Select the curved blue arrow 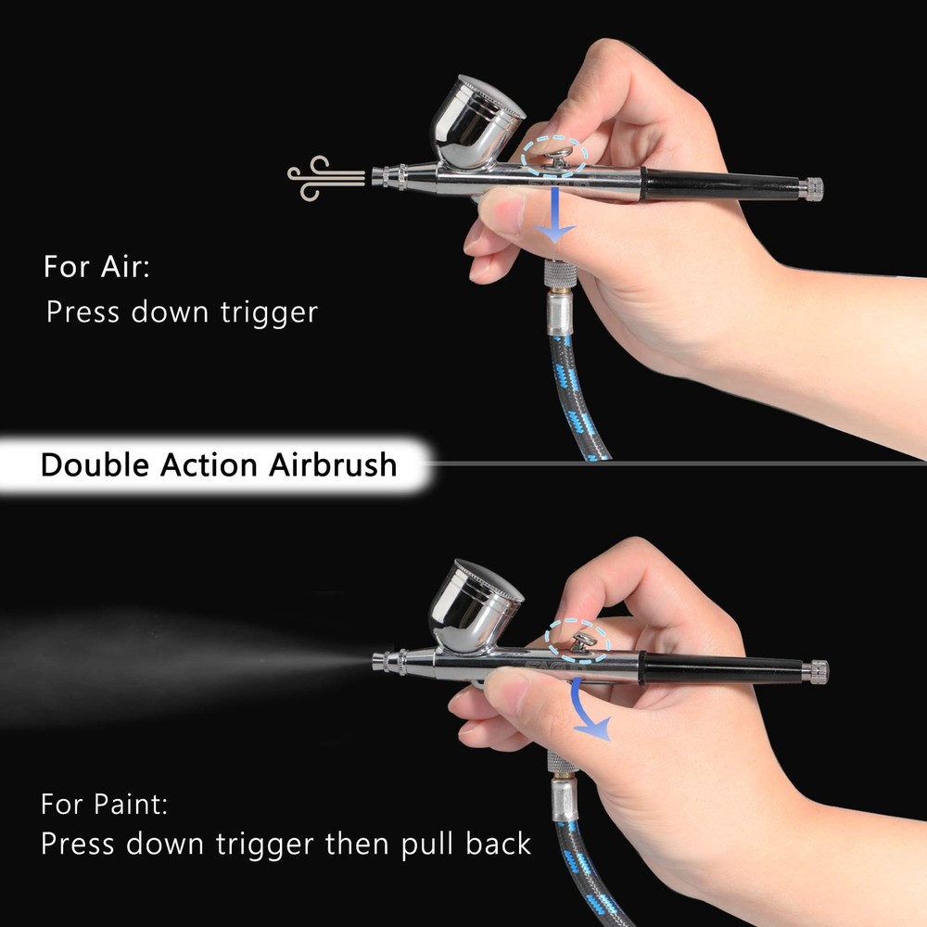pyautogui.click(x=590, y=715)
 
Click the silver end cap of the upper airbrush pyautogui.click(x=813, y=188)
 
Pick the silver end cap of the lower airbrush pyautogui.click(x=818, y=669)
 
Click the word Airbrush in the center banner pyautogui.click(x=333, y=463)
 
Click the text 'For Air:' pyautogui.click(x=96, y=268)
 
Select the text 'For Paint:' pyautogui.click(x=105, y=803)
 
